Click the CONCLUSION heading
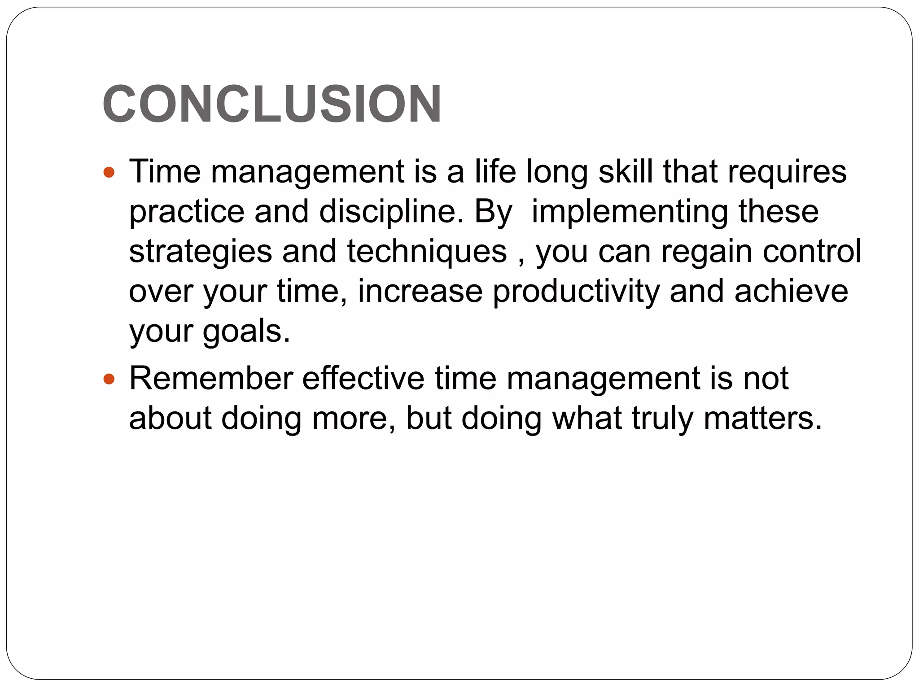(x=272, y=104)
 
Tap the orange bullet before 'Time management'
(x=109, y=172)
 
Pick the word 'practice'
(x=186, y=212)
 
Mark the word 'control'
(x=812, y=251)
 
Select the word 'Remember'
(x=211, y=378)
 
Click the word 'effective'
(x=363, y=378)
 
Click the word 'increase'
(x=420, y=291)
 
